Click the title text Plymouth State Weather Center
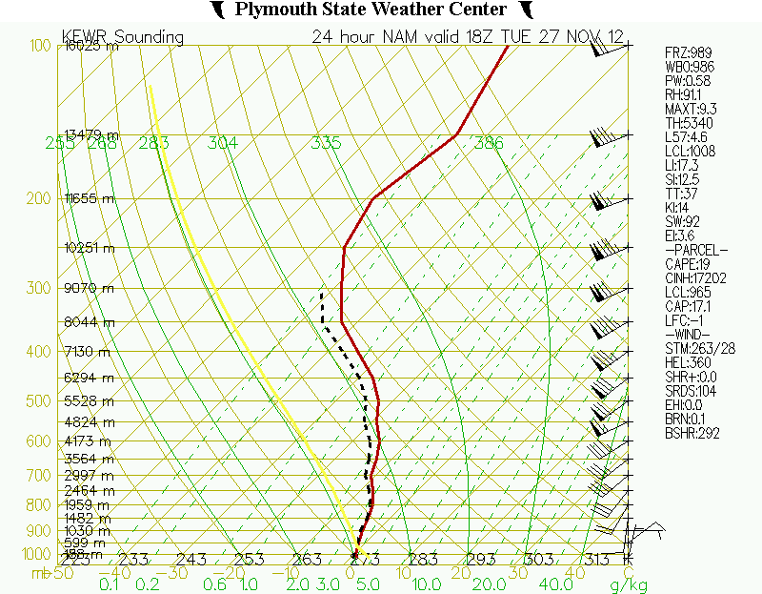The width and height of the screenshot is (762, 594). [371, 10]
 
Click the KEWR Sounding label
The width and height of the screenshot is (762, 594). [123, 37]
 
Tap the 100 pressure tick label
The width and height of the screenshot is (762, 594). [39, 46]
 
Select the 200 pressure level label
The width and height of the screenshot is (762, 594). [39, 198]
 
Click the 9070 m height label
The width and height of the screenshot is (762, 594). [88, 288]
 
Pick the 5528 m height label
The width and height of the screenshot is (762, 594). [88, 403]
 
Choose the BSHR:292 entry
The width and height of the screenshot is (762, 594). [692, 434]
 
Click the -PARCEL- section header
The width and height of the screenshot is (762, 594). [696, 250]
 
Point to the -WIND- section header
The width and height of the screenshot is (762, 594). [690, 335]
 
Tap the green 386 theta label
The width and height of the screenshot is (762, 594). [489, 143]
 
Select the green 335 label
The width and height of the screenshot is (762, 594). [326, 143]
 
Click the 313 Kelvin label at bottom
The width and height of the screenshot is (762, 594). [598, 559]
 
